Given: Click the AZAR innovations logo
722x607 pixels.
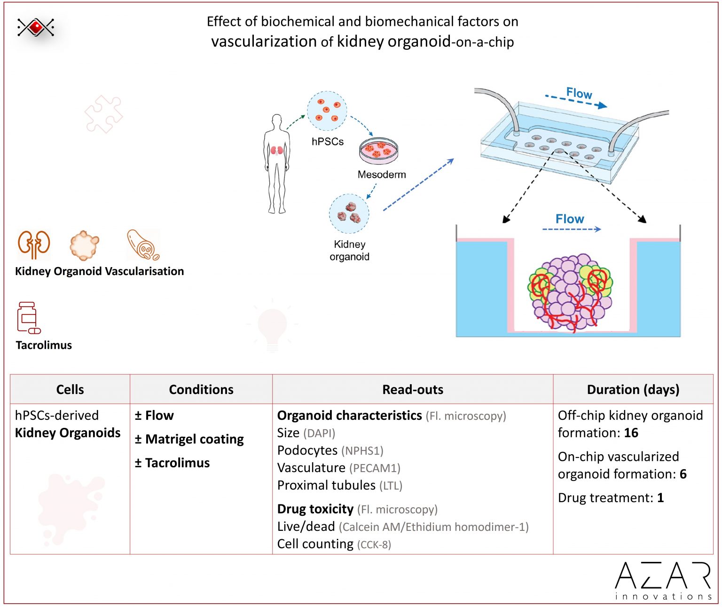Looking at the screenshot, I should [x=663, y=580].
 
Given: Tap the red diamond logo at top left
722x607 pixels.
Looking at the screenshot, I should [x=36, y=27].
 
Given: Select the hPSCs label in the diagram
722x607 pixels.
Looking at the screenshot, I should [x=328, y=142].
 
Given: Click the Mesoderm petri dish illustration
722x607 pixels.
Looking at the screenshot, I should [x=378, y=150].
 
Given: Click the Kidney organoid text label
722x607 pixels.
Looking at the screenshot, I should [x=349, y=251].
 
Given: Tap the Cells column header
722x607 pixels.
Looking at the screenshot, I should [x=70, y=389].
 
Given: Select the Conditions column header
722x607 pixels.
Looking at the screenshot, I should [x=201, y=389].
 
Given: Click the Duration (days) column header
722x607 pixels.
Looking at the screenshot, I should [x=633, y=389].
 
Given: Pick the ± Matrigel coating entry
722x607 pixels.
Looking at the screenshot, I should [x=189, y=439].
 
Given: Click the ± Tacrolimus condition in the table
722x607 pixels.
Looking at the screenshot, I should [x=172, y=463].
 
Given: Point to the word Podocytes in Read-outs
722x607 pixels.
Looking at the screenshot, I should [x=307, y=450].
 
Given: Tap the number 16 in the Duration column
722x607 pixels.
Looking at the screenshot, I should [x=631, y=433].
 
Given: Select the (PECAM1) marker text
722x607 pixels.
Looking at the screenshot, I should [x=375, y=468].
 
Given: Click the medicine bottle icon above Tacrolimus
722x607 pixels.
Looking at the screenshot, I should [x=28, y=318].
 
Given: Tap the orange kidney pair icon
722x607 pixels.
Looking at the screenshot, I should [x=34, y=244].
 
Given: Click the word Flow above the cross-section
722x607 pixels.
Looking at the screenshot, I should [x=570, y=219].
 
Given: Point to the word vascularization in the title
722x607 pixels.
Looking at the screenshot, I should [x=264, y=41].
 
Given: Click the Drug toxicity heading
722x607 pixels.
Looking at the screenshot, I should [x=315, y=509].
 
